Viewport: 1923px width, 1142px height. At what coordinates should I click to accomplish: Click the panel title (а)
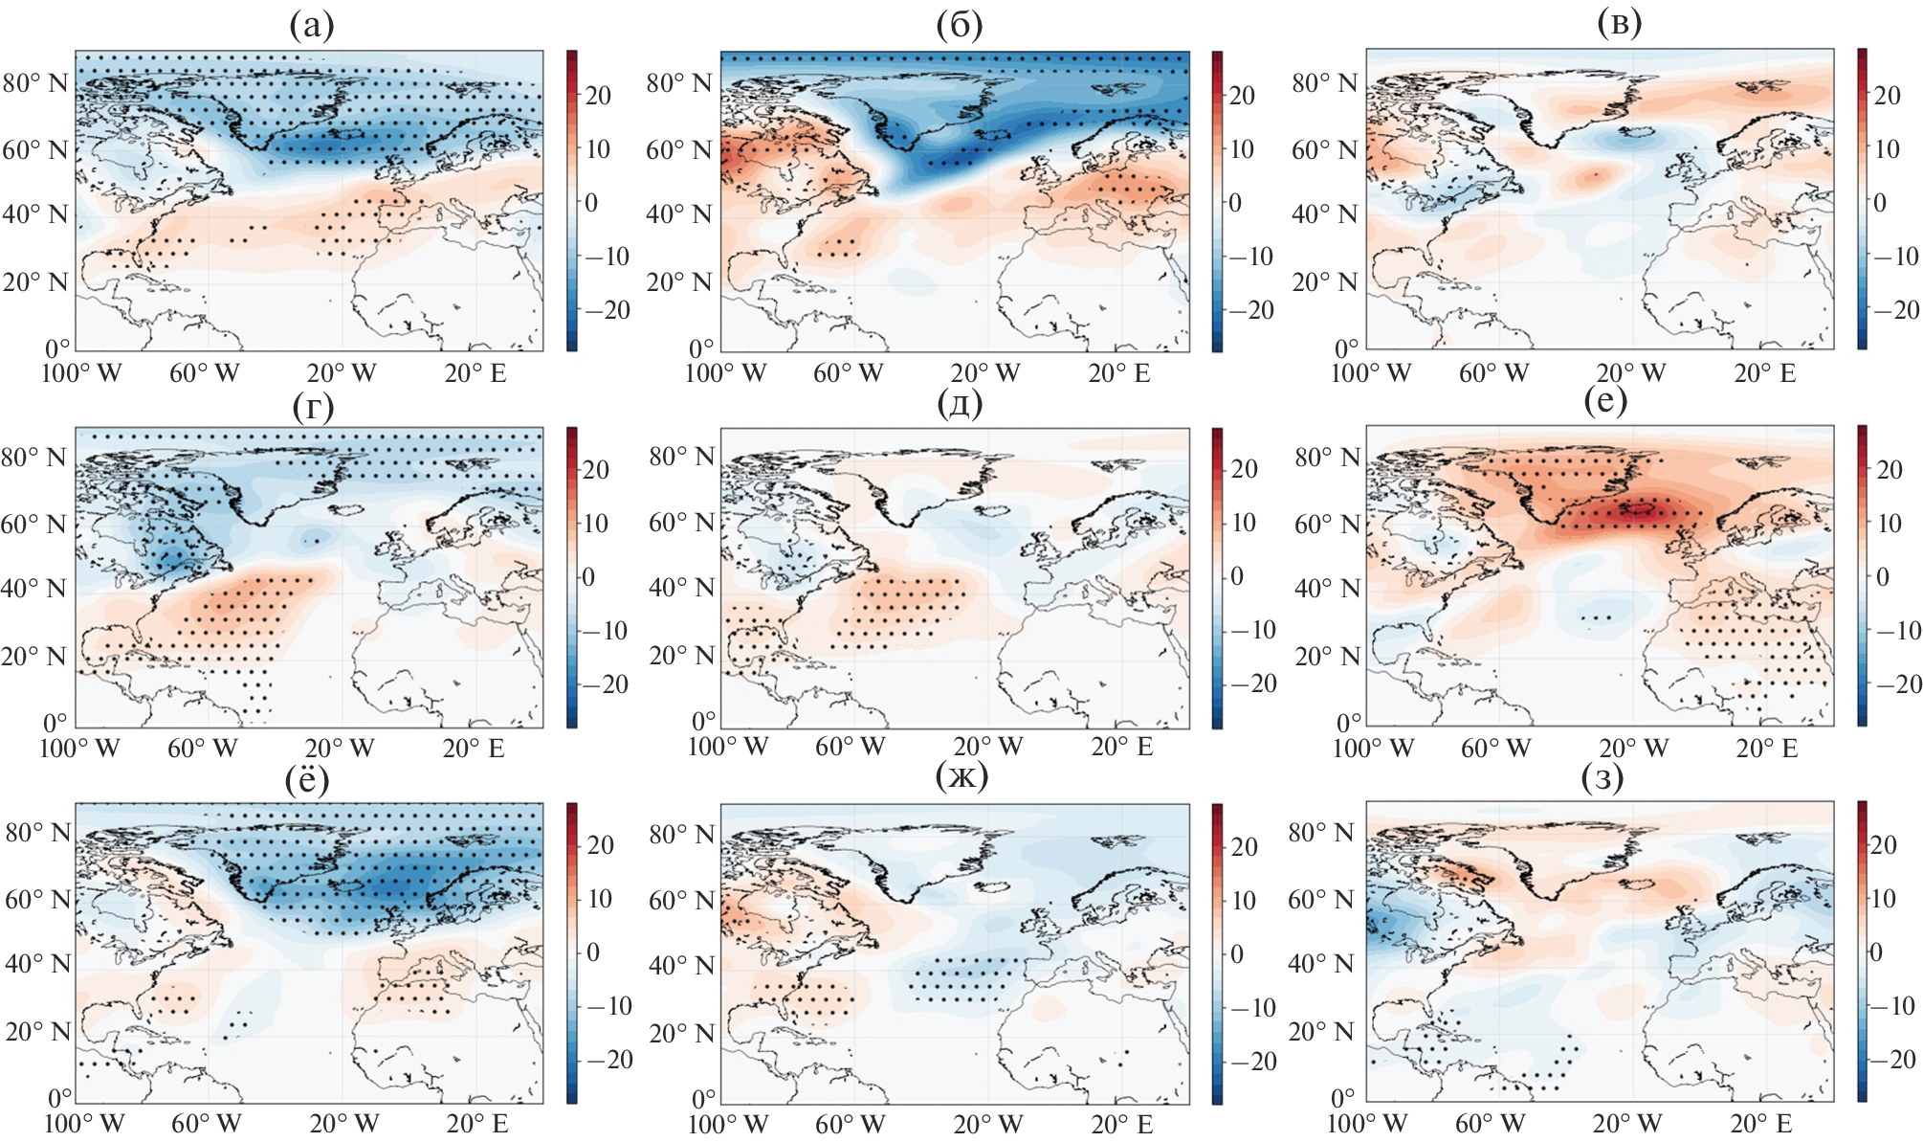[x=312, y=27]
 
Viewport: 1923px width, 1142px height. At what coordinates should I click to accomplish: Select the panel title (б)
[x=960, y=27]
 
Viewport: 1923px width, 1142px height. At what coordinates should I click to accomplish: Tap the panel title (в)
[x=1619, y=24]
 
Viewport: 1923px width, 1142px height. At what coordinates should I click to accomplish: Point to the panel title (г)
[x=313, y=407]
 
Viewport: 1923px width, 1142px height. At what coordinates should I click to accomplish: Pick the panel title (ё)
[x=307, y=780]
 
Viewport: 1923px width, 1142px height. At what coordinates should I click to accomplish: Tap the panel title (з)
[x=1602, y=778]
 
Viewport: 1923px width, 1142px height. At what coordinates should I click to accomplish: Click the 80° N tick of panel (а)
[x=34, y=83]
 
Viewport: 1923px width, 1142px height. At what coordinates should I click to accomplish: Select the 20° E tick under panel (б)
[x=1118, y=373]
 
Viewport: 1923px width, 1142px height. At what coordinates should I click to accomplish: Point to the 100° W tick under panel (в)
[x=1370, y=373]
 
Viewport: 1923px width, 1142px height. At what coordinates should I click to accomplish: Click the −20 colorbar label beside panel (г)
[x=602, y=684]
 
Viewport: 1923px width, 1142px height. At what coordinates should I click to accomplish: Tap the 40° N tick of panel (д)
[x=681, y=588]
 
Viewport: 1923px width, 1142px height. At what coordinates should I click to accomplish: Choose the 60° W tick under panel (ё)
[x=206, y=1123]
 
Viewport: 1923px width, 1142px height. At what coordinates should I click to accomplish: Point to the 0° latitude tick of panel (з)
[x=1342, y=1098]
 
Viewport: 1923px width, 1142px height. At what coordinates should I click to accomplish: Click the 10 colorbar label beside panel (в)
[x=1887, y=148]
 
